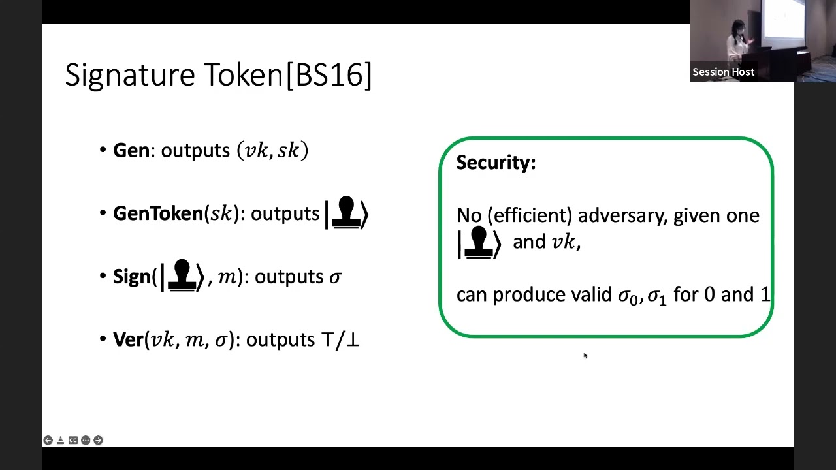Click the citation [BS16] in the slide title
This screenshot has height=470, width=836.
pos(329,75)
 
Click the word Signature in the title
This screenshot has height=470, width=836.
pos(130,75)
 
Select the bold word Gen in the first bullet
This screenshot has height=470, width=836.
pos(131,151)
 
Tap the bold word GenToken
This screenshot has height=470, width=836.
pos(158,213)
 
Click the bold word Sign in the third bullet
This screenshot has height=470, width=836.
pos(132,277)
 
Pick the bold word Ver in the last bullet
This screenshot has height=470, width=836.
pos(127,339)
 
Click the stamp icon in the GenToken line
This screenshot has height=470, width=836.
pos(346,213)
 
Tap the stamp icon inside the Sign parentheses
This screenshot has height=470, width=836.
pos(182,275)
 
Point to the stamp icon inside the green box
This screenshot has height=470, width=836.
pos(479,242)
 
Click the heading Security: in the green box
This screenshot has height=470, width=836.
pos(496,163)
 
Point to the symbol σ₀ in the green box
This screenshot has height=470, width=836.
pos(627,296)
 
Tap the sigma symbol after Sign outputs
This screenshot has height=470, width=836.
pos(334,277)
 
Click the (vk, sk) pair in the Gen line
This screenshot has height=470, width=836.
pos(272,151)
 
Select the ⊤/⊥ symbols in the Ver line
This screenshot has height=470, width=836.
pos(340,339)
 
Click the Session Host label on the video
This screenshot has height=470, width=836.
pos(723,72)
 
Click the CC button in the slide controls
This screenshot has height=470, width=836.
pos(73,441)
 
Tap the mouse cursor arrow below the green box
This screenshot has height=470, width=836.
pos(585,355)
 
